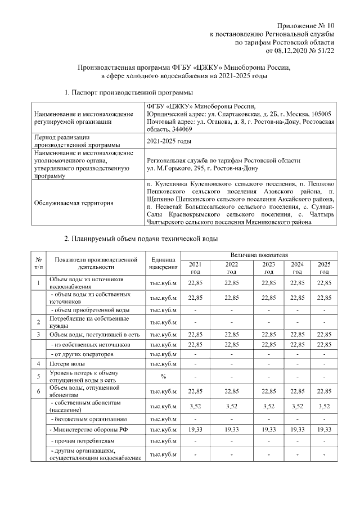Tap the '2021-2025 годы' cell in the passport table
point(169,141)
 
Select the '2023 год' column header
point(268,267)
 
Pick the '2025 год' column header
point(323,267)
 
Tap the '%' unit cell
point(164,376)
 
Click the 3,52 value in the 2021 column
point(195,406)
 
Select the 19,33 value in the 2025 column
point(323,430)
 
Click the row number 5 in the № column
point(38,376)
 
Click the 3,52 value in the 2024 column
point(297,406)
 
